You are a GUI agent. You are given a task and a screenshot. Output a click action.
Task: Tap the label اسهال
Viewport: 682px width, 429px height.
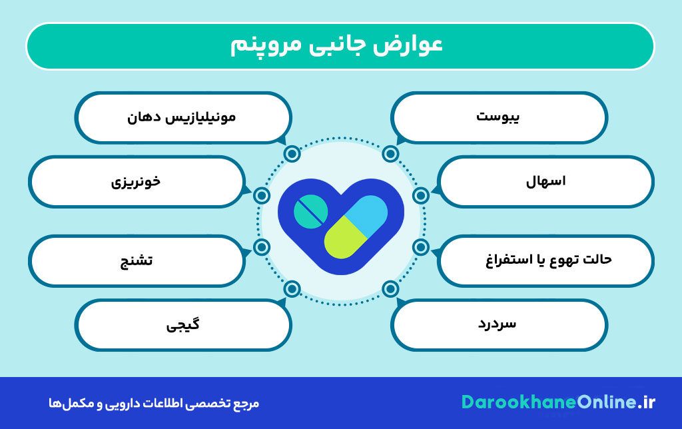pos(545,181)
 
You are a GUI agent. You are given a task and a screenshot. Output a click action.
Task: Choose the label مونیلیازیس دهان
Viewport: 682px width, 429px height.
pos(181,117)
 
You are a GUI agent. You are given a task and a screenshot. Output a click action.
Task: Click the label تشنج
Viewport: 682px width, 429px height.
pos(137,260)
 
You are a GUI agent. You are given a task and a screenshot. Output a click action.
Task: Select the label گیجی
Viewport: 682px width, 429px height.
pos(182,325)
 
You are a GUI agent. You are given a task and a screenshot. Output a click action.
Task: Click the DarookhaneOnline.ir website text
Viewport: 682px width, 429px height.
pos(558,402)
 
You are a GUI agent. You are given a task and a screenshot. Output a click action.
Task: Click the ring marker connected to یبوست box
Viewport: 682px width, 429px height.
pos(390,155)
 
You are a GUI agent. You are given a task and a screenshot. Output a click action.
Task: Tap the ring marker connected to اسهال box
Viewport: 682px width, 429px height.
pos(420,195)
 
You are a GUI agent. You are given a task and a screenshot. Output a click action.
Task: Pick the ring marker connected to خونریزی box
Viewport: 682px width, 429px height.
pos(262,195)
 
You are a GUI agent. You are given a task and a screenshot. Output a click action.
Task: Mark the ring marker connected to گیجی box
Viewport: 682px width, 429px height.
pos(292,289)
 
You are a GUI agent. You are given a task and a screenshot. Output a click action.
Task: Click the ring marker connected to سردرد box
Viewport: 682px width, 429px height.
pos(390,289)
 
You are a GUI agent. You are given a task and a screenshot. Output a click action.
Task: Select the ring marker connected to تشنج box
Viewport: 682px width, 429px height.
pos(262,248)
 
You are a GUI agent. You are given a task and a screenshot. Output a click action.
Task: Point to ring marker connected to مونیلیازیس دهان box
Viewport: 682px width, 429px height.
pos(292,155)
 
